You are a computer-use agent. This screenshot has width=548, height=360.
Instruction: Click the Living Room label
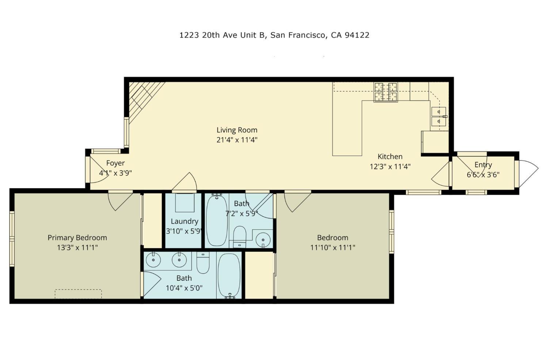tap(237, 130)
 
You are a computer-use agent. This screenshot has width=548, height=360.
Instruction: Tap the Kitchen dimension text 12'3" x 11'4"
tap(390, 167)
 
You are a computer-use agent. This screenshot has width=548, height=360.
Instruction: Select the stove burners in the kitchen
tap(385, 92)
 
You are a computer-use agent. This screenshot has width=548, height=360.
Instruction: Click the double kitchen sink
tap(439, 116)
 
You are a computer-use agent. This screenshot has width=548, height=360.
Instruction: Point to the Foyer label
tap(115, 163)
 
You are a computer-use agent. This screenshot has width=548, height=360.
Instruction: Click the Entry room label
tap(483, 165)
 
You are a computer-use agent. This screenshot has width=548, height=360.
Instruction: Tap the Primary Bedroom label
tap(77, 238)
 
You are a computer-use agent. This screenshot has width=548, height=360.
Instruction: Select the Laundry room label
tap(184, 221)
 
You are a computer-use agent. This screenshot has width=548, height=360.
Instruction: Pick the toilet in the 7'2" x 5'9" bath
tap(240, 237)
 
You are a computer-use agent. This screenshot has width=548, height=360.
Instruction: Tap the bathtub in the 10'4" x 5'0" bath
tap(229, 276)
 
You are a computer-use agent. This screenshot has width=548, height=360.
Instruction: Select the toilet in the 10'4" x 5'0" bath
tap(203, 263)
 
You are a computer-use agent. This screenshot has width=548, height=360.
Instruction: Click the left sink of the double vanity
tap(153, 260)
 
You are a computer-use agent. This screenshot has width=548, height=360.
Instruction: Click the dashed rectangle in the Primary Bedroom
tap(78, 294)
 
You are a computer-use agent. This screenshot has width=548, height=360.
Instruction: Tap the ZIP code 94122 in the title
tap(357, 35)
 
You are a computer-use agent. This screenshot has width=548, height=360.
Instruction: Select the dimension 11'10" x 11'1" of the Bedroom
tap(333, 248)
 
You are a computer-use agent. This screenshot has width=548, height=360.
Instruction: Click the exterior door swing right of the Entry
tap(528, 174)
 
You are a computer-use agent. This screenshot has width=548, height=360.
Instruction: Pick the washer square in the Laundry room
tap(185, 202)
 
